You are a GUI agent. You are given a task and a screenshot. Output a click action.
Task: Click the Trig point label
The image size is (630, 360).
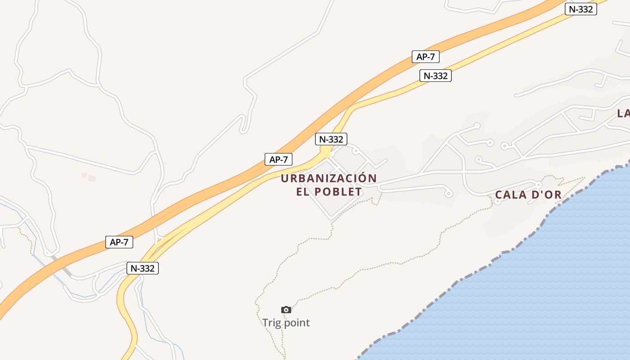click(286, 323)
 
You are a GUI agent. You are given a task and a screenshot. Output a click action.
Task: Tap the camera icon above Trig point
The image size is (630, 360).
click(286, 310)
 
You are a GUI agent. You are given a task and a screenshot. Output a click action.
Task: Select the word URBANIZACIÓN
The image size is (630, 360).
click(328, 179)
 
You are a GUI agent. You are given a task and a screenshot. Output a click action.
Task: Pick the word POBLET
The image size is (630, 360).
click(338, 192)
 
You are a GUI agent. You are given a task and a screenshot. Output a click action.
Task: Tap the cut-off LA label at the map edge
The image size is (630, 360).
click(623, 113)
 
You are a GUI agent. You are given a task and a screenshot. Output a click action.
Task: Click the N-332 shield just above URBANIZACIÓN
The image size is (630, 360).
click(331, 139)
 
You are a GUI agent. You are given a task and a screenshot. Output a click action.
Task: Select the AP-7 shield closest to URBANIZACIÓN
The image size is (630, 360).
click(279, 159)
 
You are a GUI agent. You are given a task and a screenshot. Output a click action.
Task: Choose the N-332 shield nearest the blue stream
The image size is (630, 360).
click(143, 268)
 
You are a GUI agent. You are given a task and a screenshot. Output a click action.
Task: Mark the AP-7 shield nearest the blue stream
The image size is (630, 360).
click(119, 242)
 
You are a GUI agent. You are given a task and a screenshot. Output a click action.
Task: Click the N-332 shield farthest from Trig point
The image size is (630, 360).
click(581, 9)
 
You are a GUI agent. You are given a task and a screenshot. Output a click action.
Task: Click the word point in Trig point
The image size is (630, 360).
click(297, 323)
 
